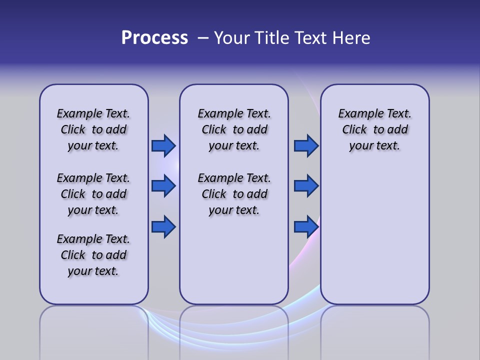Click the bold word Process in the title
point(154,38)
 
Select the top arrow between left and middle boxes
point(163,145)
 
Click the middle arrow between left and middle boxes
point(163,186)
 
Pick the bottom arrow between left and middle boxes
point(163,227)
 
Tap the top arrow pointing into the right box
point(306,145)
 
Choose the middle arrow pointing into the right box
point(306,186)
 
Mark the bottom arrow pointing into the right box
point(306,227)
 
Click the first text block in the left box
point(93,129)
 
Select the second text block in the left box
point(93,194)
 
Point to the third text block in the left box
point(93,255)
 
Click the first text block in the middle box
point(234,129)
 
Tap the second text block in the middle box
point(234,194)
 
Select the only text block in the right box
point(374,129)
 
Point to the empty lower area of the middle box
point(234,260)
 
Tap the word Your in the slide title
point(232,38)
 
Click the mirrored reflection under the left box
point(94,330)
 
